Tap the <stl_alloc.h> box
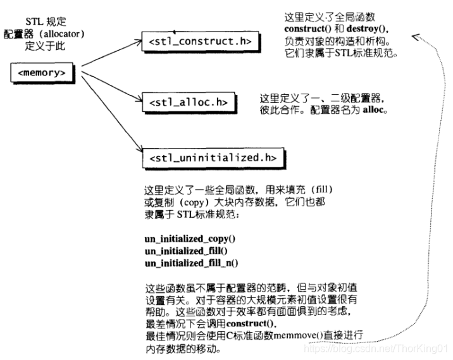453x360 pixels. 187,101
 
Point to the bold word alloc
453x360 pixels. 374,109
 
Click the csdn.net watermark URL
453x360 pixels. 376,347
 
